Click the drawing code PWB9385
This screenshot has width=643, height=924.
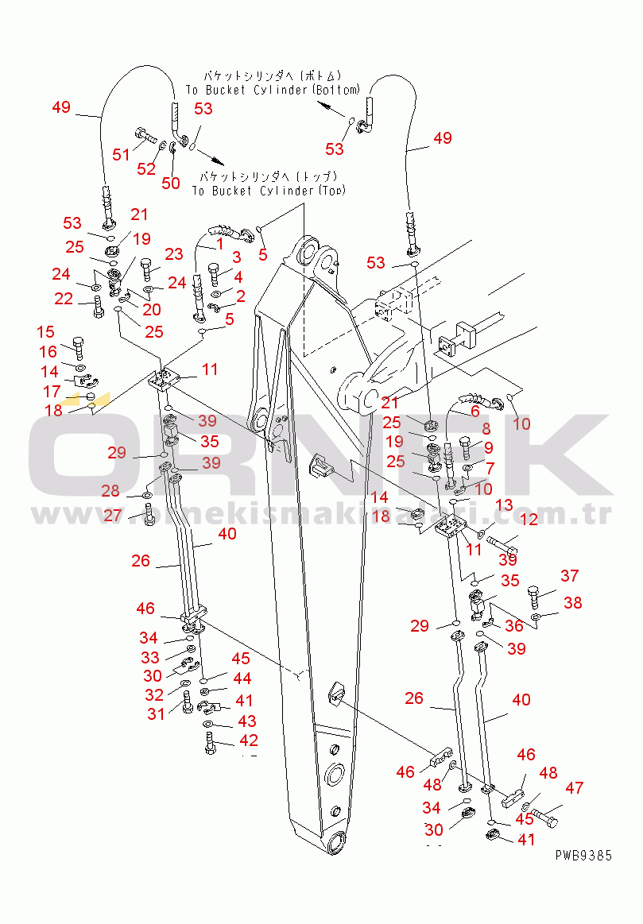click(583, 856)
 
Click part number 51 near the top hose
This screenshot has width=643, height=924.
click(121, 154)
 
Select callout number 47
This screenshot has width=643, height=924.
click(575, 788)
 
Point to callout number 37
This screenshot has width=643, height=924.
click(569, 576)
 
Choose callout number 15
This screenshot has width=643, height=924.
click(45, 332)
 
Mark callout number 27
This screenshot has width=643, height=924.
click(113, 516)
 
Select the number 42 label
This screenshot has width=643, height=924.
click(249, 740)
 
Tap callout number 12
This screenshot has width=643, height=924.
click(529, 520)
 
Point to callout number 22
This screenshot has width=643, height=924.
click(64, 299)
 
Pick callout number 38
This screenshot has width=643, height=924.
click(572, 604)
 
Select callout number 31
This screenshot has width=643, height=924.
click(156, 714)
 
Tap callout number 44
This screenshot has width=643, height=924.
click(242, 679)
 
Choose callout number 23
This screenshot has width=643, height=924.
click(173, 255)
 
